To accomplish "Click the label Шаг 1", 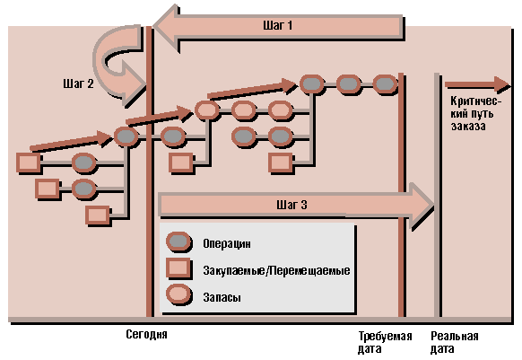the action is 277,25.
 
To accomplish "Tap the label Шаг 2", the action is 78,83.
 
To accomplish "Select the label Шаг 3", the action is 291,205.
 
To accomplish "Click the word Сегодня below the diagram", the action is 146,334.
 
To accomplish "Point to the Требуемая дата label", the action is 385,342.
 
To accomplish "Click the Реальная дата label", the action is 454,342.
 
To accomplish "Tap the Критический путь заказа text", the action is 475,113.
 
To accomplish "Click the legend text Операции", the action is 227,243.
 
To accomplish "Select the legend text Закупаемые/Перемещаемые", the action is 276,270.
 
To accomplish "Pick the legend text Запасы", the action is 222,297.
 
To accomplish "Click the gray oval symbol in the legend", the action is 179,241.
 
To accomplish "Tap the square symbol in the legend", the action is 178,268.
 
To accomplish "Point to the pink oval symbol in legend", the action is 179,294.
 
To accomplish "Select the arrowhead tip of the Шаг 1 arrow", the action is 153,27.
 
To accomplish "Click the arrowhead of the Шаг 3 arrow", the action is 422,205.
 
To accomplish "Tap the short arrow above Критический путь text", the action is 477,84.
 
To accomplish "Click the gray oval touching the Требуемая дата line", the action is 385,83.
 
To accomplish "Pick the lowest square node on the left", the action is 98,215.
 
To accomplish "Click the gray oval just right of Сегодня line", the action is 173,136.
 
